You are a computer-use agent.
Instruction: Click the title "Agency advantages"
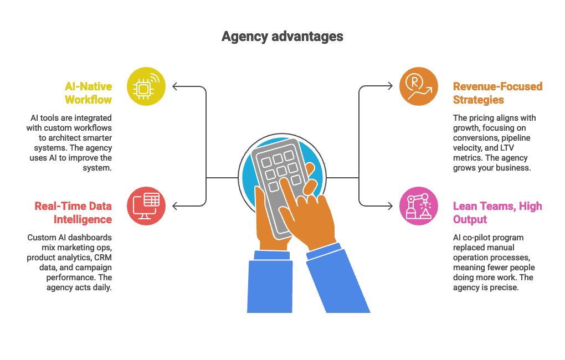pyautogui.click(x=282, y=37)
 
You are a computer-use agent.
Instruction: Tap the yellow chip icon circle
pyautogui.click(x=146, y=86)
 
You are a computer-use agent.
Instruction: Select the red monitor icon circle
pyautogui.click(x=146, y=206)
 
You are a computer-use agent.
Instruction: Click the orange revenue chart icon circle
pyautogui.click(x=419, y=86)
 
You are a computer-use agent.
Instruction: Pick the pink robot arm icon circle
pyautogui.click(x=419, y=206)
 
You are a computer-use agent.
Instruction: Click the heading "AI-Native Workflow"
pyautogui.click(x=88, y=93)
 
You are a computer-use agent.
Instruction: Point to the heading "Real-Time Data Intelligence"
pyautogui.click(x=73, y=213)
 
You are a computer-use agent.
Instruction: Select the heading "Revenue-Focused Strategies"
pyautogui.click(x=497, y=93)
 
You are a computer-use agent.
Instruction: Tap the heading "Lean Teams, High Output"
pyautogui.click(x=497, y=213)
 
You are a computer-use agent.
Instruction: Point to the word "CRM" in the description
pyautogui.click(x=103, y=258)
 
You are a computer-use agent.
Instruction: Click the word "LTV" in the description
pyautogui.click(x=507, y=148)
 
